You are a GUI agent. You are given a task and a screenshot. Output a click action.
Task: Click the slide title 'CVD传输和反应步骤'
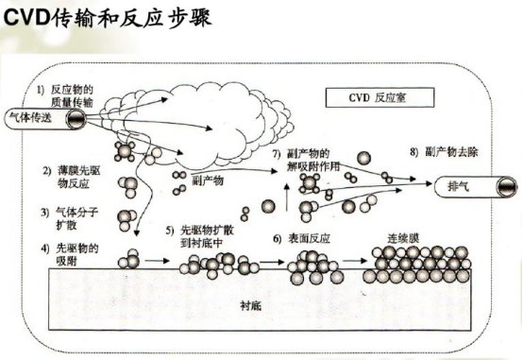108,17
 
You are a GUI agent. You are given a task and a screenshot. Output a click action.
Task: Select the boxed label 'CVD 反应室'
380,97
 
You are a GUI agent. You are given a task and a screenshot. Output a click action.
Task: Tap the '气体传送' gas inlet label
31,118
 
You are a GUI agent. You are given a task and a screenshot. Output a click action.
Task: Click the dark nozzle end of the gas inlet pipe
76,119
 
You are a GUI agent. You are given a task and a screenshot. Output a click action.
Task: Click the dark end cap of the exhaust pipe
507,187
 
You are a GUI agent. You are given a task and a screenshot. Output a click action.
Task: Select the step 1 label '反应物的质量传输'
66,95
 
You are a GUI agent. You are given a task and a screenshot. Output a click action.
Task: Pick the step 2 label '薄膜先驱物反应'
72,177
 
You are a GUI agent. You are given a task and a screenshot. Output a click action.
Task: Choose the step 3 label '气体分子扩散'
70,218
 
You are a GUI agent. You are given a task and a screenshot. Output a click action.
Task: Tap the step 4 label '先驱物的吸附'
70,254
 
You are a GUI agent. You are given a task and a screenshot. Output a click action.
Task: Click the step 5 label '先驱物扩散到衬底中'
200,236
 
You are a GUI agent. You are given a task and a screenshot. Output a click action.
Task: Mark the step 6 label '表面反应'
301,239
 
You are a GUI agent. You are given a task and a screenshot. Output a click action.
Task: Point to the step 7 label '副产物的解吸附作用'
306,160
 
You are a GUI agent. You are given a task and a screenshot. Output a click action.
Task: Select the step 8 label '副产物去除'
444,152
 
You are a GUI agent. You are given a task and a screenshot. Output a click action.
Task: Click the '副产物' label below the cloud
208,181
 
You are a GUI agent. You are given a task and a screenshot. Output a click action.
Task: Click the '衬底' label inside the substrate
251,306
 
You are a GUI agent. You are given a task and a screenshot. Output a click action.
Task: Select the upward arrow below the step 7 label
286,197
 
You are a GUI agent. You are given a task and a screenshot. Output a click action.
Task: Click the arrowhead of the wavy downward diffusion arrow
136,232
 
